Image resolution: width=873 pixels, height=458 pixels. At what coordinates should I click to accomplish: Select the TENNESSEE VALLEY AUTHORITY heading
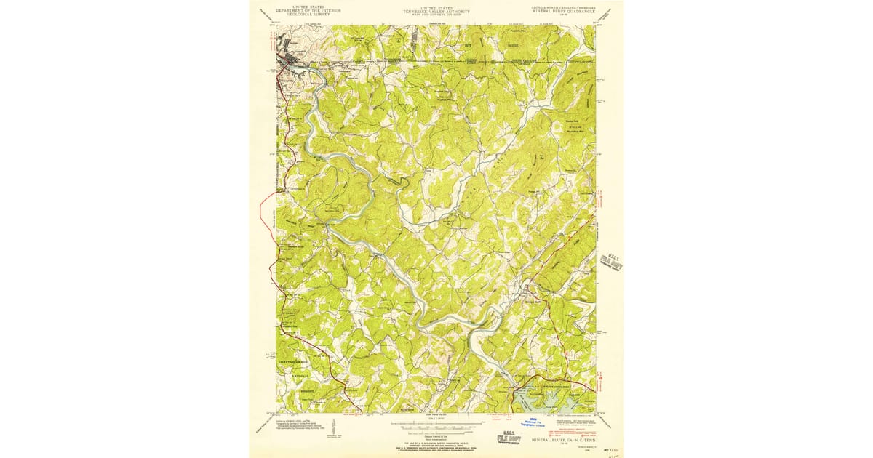click(x=436, y=12)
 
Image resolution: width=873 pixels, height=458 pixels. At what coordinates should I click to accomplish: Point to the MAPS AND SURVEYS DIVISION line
click(x=436, y=15)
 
